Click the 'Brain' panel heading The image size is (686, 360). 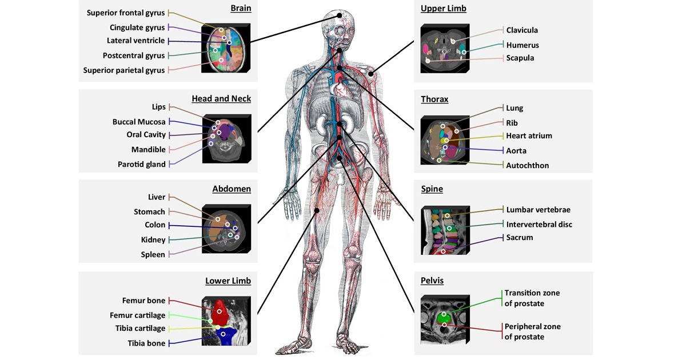[x=241, y=9]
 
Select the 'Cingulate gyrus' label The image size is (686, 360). [x=137, y=27]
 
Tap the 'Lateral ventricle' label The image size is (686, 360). [x=135, y=41]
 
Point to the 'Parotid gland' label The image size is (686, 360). [x=142, y=165]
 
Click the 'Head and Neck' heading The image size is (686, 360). [x=221, y=99]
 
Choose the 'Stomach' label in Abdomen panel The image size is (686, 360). [x=149, y=212]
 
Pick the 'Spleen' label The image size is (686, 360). [x=153, y=255]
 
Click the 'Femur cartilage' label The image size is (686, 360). [x=137, y=315]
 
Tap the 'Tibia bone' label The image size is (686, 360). [x=146, y=343]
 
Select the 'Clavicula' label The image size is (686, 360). [x=522, y=30]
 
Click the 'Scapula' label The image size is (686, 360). [x=520, y=58]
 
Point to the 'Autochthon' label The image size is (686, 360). [x=528, y=166]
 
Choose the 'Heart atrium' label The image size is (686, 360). [x=529, y=136]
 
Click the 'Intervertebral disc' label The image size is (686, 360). [x=539, y=225]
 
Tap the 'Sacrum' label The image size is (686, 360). [x=520, y=238]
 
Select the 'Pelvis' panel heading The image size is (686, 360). [x=432, y=281]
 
